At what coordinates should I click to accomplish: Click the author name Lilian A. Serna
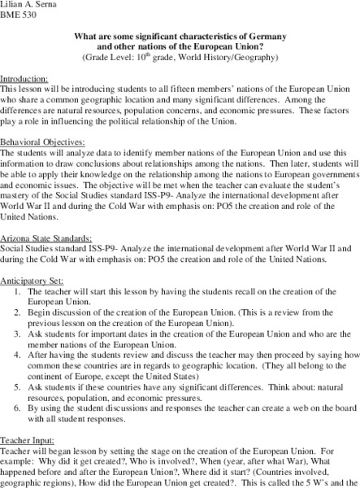pyautogui.click(x=30, y=5)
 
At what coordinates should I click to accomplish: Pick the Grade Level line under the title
pyautogui.click(x=180, y=58)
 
